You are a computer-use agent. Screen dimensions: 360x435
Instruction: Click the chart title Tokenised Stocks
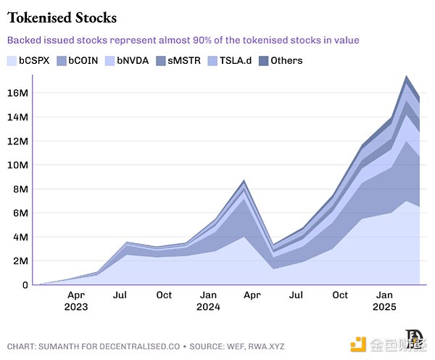coord(62,17)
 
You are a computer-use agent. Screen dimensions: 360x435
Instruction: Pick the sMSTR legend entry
coord(183,60)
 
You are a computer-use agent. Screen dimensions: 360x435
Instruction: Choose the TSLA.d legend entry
coord(234,60)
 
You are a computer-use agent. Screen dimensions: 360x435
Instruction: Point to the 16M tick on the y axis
coord(18,93)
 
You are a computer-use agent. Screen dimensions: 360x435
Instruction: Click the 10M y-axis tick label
coord(18,165)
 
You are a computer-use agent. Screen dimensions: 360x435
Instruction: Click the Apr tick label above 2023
coord(76,295)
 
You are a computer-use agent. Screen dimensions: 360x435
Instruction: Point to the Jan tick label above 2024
coord(208,295)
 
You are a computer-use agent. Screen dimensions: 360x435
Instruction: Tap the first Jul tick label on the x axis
coord(120,295)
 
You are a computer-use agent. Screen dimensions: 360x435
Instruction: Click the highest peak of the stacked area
coord(406,76)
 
